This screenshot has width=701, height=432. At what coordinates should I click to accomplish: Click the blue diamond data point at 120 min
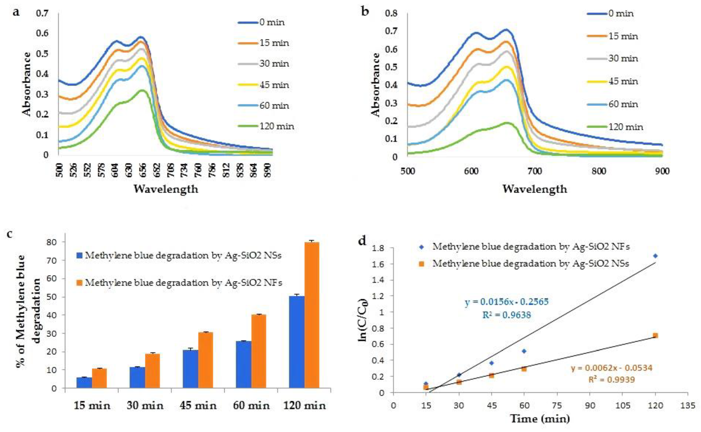(655, 256)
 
